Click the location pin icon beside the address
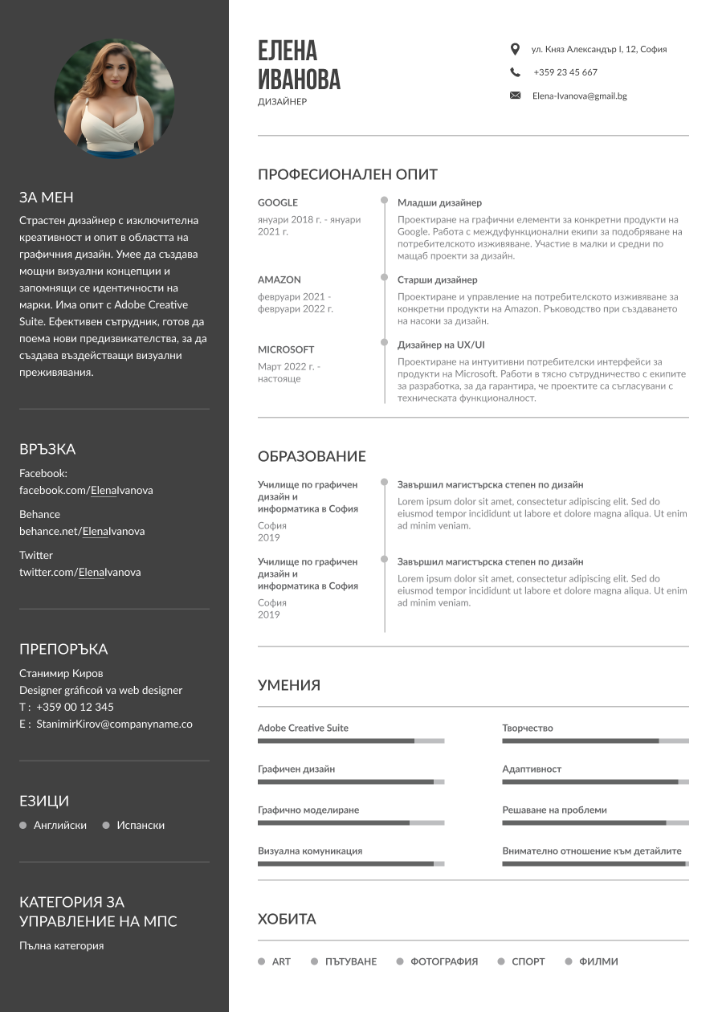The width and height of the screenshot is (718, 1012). (x=515, y=49)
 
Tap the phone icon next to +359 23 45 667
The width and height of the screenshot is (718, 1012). (x=515, y=72)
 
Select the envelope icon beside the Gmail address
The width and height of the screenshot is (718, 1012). (x=515, y=96)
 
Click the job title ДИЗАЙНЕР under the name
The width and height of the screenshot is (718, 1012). (x=282, y=102)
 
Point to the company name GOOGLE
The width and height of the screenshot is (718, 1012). (x=278, y=202)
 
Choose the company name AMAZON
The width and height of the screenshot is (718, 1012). (x=279, y=280)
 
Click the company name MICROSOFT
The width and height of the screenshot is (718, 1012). (x=286, y=349)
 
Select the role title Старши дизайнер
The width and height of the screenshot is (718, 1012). (x=437, y=280)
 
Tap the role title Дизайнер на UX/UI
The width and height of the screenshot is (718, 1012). (x=441, y=345)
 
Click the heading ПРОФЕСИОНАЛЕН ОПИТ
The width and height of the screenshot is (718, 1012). (x=348, y=174)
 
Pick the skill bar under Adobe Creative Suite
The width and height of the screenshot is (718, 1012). (x=350, y=741)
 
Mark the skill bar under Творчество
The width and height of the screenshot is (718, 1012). (x=595, y=741)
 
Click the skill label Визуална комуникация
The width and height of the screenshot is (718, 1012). (x=310, y=851)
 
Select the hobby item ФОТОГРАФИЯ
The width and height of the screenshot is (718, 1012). (x=443, y=961)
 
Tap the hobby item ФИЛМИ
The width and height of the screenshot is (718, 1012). (x=598, y=961)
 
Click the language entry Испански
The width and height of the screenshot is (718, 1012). (x=141, y=825)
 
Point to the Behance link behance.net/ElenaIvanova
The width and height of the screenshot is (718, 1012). (x=82, y=531)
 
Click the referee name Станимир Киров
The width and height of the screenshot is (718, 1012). (x=61, y=673)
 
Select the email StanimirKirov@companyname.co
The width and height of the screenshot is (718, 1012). (x=114, y=724)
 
